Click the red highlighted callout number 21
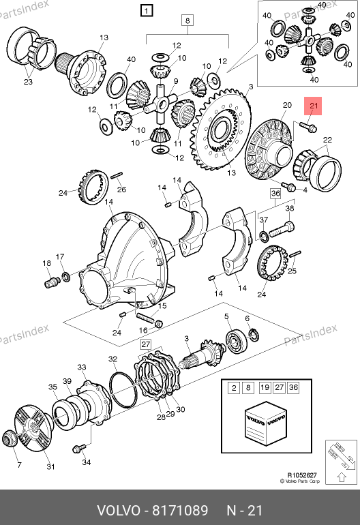[313, 106]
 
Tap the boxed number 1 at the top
[147, 11]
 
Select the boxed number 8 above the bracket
[187, 20]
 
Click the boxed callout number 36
[275, 193]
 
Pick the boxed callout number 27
[146, 344]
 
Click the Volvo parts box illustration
[266, 423]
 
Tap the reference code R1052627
[302, 475]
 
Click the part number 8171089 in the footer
[180, 511]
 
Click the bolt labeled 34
[79, 448]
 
